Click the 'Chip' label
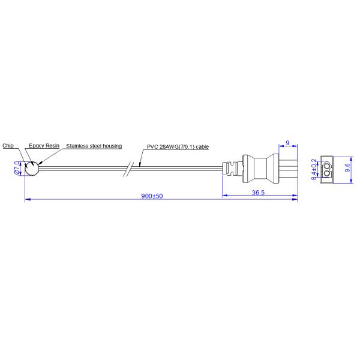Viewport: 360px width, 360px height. pos(8,145)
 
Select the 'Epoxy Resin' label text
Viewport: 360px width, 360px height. pos(44,145)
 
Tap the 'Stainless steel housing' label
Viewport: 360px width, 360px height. pos(94,145)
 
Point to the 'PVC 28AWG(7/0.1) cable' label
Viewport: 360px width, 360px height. pos(178,145)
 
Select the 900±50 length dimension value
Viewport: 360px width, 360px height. pos(152,197)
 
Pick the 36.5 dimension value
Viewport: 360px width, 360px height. pos(259,192)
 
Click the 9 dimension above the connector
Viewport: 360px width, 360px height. pos(288,143)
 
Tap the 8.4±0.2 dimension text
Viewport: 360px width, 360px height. pos(314,169)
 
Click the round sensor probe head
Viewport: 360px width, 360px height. pos(31,169)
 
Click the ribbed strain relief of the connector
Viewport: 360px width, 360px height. pos(232,169)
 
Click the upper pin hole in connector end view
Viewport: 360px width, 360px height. pos(328,164)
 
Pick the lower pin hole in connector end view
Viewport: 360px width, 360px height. pos(328,174)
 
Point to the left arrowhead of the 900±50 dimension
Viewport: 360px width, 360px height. pos(27,200)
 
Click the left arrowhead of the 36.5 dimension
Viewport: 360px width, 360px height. pos(224,195)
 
